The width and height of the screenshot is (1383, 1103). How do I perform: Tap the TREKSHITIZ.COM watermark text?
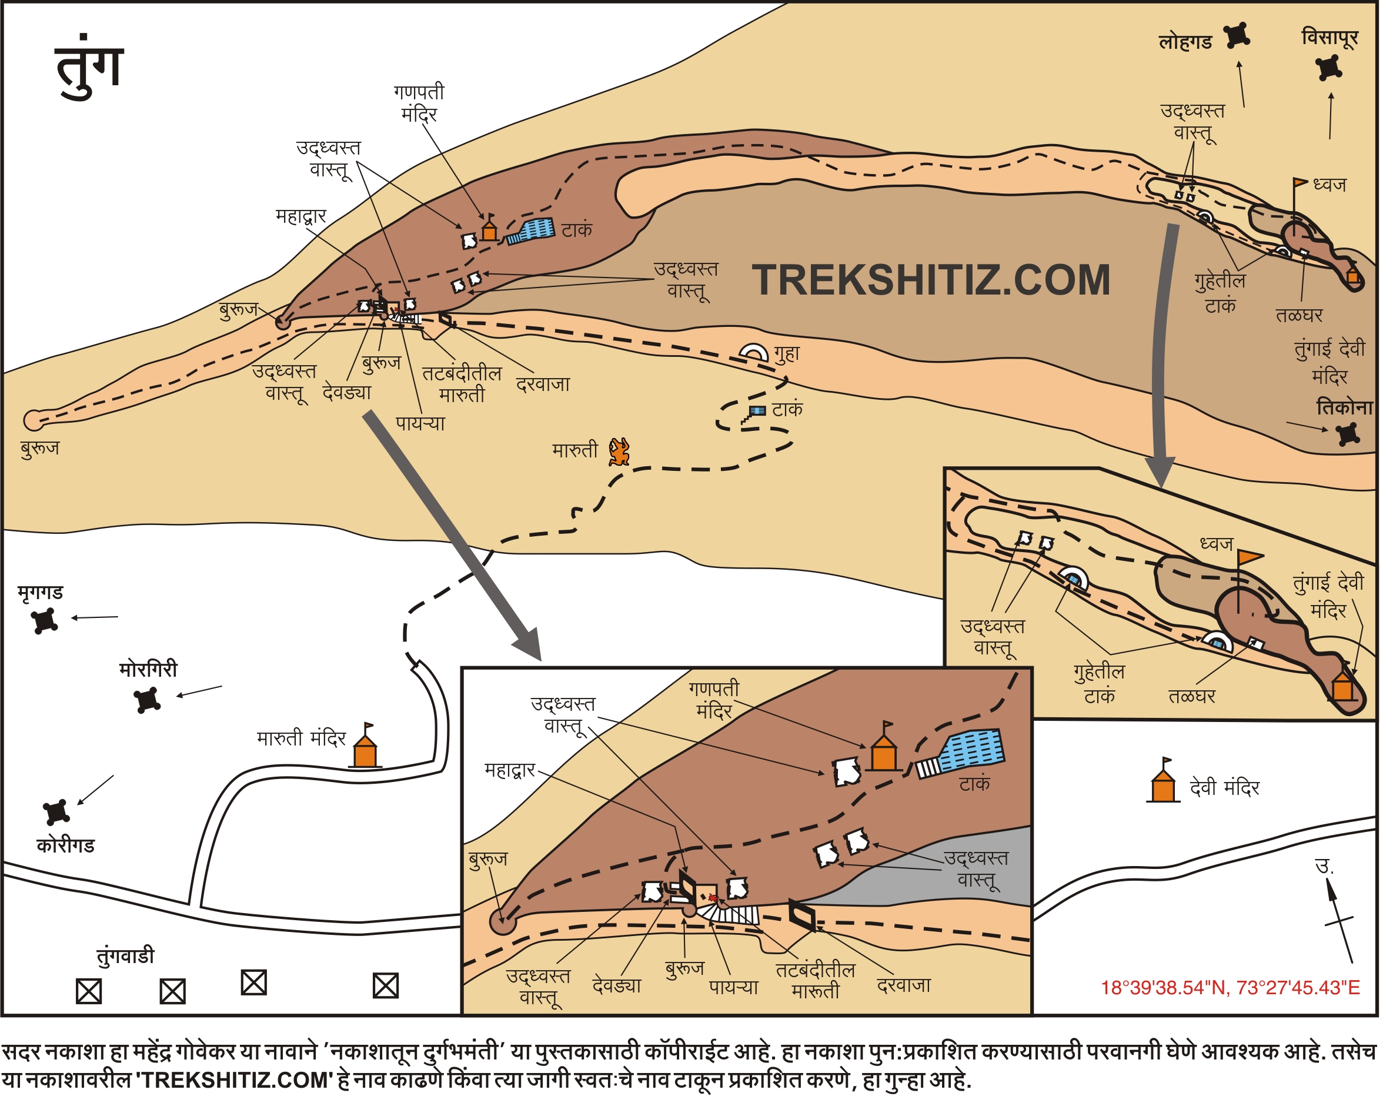931,280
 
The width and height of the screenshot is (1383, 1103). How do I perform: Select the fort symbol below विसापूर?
1328,68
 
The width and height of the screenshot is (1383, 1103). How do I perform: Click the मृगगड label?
40,593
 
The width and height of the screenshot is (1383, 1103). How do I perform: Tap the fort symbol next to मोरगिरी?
148,700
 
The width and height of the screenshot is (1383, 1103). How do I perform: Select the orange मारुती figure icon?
620,452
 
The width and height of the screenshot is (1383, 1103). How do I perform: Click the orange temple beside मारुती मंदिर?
366,750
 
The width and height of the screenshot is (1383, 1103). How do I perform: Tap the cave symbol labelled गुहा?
754,353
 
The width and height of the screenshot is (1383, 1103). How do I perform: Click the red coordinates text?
1230,988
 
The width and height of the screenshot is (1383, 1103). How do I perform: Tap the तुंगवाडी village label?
126,956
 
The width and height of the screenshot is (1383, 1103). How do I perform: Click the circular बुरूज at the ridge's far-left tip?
33,420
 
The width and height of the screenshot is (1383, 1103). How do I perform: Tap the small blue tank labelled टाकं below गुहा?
757,411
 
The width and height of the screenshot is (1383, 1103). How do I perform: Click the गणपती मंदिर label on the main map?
419,103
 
